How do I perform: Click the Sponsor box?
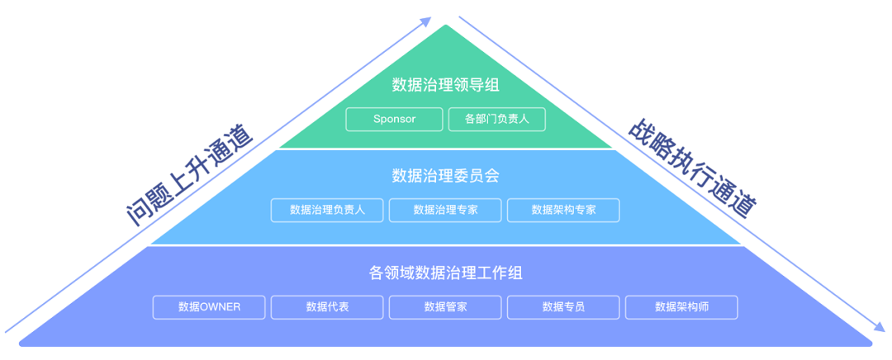tap(394, 119)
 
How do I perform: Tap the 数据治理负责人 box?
tap(327, 210)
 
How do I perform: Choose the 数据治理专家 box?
tap(445, 210)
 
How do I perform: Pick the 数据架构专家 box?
tap(563, 210)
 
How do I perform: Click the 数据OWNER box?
tap(209, 307)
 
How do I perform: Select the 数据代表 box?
tap(327, 307)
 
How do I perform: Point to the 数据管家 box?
tap(445, 307)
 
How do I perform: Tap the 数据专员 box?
tap(563, 307)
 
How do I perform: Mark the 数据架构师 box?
tap(681, 307)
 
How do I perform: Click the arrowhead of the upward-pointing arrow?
tap(426, 21)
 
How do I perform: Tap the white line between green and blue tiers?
tap(446, 149)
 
